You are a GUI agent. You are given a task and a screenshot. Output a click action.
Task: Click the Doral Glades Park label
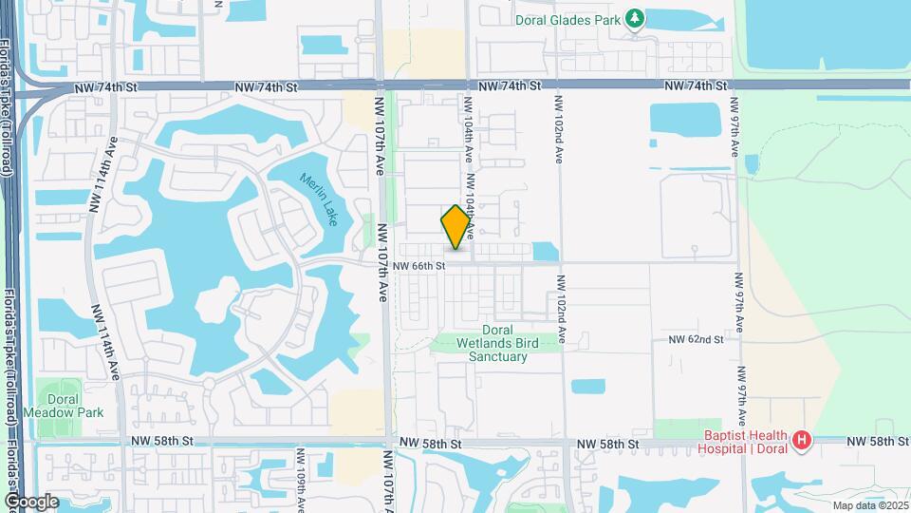click(567, 19)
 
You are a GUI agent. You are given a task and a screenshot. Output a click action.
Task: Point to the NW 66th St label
click(418, 266)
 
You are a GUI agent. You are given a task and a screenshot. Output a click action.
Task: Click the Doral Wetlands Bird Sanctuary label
click(497, 343)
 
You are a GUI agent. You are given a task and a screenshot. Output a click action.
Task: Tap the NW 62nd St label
click(696, 339)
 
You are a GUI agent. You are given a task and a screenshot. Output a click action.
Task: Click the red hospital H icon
click(802, 440)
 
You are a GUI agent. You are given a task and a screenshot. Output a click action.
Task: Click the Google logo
click(30, 501)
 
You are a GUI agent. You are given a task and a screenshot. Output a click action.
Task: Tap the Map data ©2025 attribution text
click(869, 505)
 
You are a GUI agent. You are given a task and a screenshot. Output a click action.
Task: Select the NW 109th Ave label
click(301, 481)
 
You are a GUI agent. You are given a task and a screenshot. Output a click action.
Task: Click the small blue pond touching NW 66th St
click(545, 252)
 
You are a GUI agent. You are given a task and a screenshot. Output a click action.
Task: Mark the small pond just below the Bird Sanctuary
click(588, 387)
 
